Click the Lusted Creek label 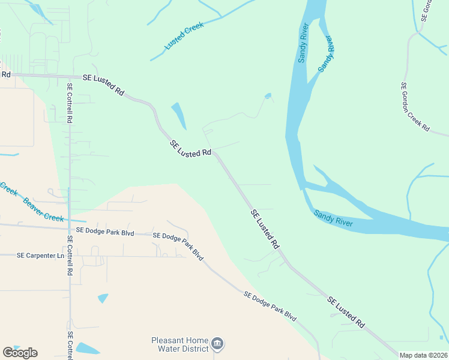click(x=185, y=36)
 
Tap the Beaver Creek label click(x=43, y=209)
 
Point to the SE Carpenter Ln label click(x=40, y=256)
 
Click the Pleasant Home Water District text click(x=179, y=344)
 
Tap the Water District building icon click(x=217, y=344)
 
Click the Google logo click(x=20, y=353)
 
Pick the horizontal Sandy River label click(x=334, y=218)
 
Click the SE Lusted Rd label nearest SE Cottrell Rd click(x=103, y=85)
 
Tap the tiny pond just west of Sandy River click(x=268, y=95)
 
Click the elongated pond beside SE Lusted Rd click(x=179, y=115)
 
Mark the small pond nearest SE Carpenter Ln click(x=103, y=298)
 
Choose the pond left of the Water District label click(x=88, y=349)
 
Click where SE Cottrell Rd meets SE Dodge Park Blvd click(x=69, y=227)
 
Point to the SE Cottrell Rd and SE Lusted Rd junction click(x=69, y=76)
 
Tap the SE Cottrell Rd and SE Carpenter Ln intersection click(x=69, y=256)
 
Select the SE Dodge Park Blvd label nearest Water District click(x=270, y=305)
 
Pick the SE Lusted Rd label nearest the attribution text click(x=347, y=312)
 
